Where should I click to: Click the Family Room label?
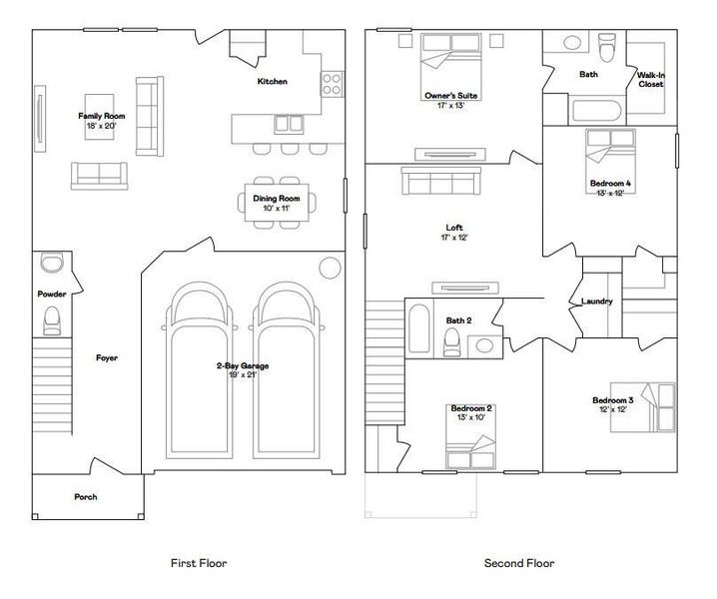click(x=102, y=116)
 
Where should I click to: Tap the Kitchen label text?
click(x=273, y=81)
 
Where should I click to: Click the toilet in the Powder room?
click(x=53, y=318)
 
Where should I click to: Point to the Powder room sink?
click(x=51, y=264)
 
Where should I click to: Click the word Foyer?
click(x=107, y=357)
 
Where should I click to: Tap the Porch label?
click(x=86, y=496)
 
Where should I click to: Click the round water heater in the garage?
click(x=329, y=267)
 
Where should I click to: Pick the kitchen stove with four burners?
click(x=332, y=82)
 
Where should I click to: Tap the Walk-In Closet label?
click(x=650, y=80)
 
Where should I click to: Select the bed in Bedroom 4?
click(x=610, y=154)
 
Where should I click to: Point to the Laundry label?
click(x=596, y=301)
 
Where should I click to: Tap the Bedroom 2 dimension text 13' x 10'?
click(x=471, y=418)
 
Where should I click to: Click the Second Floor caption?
click(x=519, y=563)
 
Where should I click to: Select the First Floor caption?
click(x=199, y=563)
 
